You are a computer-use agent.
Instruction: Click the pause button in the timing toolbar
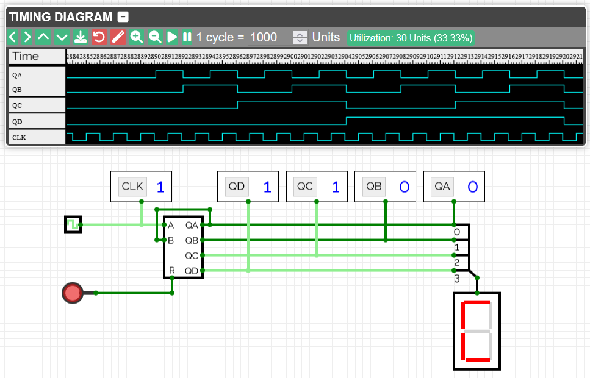[187, 37]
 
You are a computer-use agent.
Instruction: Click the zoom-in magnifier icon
[137, 37]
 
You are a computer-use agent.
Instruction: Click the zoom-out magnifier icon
[155, 37]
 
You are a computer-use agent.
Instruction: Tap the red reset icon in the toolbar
[99, 37]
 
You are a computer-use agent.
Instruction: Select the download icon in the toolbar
[80, 37]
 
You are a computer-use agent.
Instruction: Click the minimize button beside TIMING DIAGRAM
[123, 18]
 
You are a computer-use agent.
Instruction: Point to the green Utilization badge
[411, 38]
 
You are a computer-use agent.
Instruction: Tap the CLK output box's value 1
[160, 187]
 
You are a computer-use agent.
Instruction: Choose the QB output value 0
[404, 187]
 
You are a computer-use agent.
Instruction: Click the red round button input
[73, 293]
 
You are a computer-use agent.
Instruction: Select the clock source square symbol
[72, 224]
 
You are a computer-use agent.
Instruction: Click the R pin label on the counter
[171, 270]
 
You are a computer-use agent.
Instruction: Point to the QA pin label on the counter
[192, 225]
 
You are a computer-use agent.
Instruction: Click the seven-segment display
[477, 330]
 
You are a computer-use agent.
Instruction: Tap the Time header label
[26, 56]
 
